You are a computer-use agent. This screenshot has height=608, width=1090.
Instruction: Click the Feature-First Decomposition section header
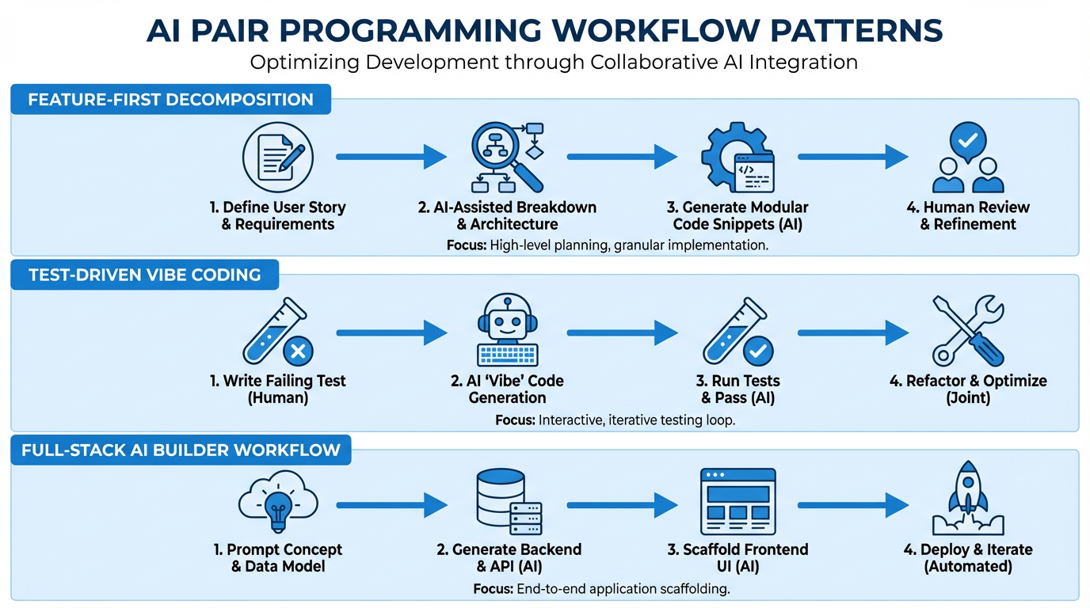(x=170, y=101)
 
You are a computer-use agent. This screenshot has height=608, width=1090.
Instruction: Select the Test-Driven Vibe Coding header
(x=144, y=275)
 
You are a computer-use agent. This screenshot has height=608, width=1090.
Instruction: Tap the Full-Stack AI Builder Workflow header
(x=181, y=451)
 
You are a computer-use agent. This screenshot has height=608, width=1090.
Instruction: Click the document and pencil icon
(x=277, y=157)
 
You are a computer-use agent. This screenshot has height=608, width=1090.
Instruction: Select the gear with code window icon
(x=737, y=158)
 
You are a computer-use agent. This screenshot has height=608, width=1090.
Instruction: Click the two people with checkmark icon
(x=967, y=158)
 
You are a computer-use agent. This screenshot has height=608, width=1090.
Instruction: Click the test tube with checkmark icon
(x=737, y=332)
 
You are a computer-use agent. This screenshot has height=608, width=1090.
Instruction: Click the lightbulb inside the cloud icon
(x=277, y=502)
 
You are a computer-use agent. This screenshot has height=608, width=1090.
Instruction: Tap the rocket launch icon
(x=967, y=499)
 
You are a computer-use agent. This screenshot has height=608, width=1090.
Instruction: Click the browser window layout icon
(x=737, y=502)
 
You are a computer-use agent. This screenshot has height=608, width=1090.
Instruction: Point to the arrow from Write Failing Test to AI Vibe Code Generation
(x=391, y=332)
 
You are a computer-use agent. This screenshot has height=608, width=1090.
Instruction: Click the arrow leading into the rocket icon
(x=852, y=504)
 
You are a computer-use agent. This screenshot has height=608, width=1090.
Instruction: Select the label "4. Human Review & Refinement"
(x=967, y=216)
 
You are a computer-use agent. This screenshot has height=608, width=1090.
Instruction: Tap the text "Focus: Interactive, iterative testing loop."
(x=615, y=420)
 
